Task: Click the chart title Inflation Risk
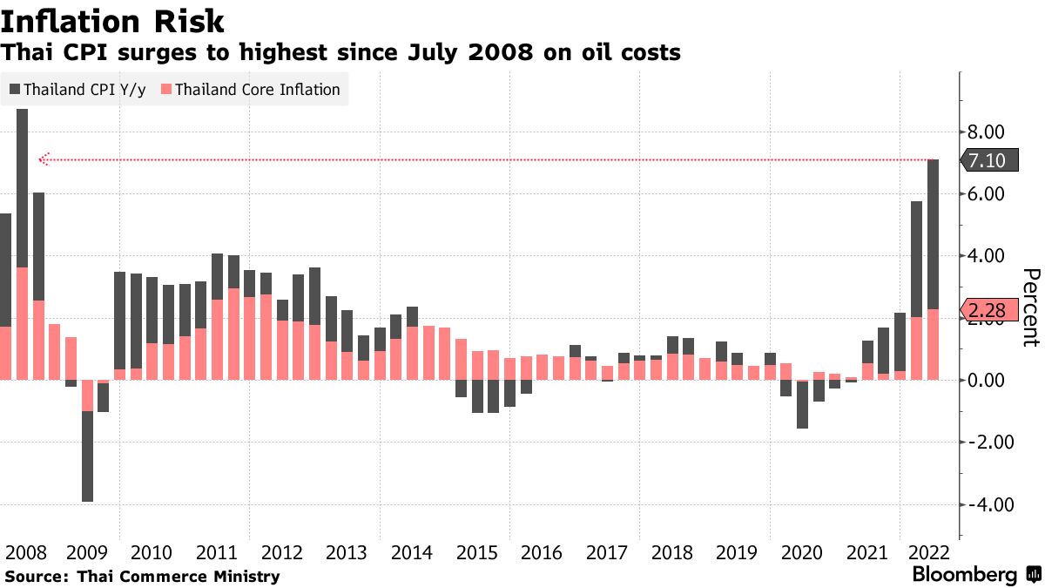[x=113, y=21]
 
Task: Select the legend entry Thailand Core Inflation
[x=251, y=90]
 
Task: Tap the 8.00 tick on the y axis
[x=987, y=132]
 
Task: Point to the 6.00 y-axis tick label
[x=987, y=194]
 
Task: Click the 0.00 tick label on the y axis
[x=987, y=381]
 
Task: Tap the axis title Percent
[x=1030, y=308]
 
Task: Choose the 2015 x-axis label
[x=476, y=553]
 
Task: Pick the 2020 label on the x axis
[x=803, y=553]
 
